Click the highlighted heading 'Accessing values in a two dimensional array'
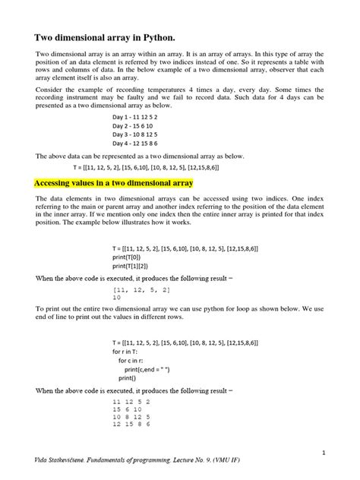(115, 184)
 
